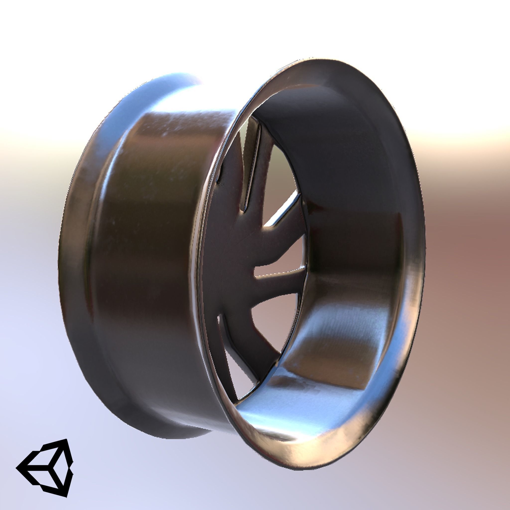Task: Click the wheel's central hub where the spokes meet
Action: [x=238, y=246]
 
